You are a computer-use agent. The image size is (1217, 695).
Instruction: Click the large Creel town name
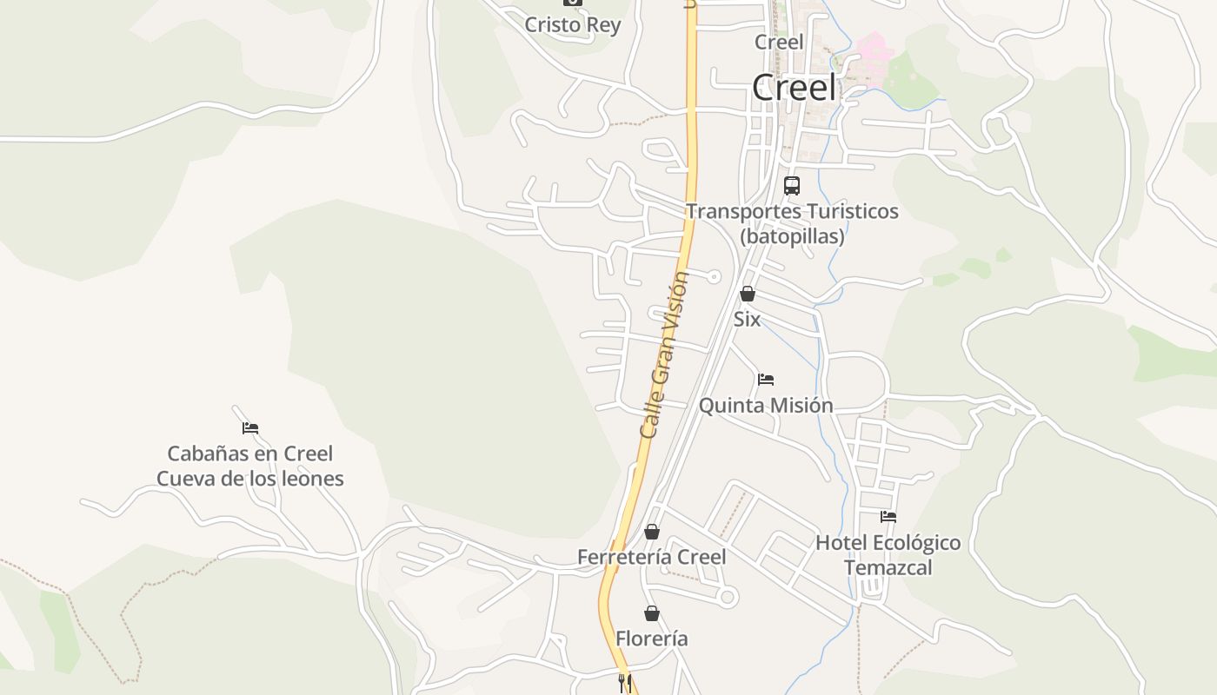tap(795, 87)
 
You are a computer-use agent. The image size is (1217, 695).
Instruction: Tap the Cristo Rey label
tap(573, 24)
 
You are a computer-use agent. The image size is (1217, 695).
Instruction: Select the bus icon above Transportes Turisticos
tap(791, 185)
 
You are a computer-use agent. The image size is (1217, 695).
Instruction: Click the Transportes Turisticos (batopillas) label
tap(792, 223)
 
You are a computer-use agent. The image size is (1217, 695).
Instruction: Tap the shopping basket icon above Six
tap(747, 294)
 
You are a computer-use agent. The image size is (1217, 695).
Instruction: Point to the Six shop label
tap(747, 319)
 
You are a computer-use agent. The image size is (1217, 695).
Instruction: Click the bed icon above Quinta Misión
tap(766, 379)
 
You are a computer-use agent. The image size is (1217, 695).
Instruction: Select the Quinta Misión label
tap(766, 405)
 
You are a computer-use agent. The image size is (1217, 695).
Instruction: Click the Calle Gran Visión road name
tap(665, 354)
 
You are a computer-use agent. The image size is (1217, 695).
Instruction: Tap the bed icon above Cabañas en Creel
tap(250, 427)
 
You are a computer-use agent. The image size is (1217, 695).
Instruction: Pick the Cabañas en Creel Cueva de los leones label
tap(250, 466)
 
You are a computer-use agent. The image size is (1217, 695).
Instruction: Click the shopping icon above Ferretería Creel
tap(652, 532)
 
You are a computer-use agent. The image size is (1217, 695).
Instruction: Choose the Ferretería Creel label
tap(652, 557)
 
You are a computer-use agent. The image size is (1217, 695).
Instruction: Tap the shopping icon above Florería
tap(652, 613)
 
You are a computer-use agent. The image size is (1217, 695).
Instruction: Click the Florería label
tap(652, 639)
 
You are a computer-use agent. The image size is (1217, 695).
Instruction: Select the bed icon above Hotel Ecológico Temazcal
tap(888, 516)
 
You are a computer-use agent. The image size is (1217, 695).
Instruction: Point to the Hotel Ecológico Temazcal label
tap(888, 555)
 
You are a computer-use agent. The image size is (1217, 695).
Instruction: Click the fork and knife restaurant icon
tap(624, 683)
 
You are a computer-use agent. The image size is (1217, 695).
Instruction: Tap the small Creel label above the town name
tap(779, 42)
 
